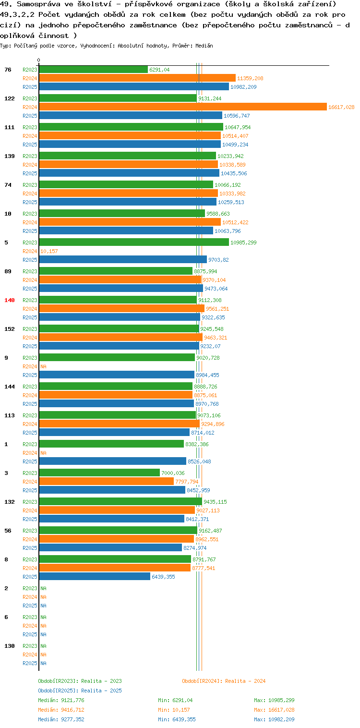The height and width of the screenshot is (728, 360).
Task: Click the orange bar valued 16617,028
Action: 183,107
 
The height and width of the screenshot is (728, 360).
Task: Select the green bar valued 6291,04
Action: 94,70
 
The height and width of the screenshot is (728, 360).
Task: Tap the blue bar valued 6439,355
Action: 95,577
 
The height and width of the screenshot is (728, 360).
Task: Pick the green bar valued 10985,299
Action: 134,243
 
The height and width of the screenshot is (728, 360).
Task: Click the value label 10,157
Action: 49,251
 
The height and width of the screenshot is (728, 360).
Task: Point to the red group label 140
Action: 10,300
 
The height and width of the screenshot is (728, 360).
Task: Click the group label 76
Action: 8,70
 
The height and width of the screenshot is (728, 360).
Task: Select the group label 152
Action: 10,329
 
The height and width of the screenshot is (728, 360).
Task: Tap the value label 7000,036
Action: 173,473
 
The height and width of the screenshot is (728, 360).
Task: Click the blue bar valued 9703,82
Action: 123,260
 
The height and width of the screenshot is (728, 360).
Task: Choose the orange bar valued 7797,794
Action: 107,481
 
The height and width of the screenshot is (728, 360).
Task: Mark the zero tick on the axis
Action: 39,60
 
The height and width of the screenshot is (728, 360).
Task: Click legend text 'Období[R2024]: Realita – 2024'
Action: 224,681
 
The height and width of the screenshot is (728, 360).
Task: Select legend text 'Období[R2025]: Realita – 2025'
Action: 80,691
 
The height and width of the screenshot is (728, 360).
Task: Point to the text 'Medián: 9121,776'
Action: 61,700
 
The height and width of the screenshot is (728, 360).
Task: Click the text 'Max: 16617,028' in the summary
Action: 274,710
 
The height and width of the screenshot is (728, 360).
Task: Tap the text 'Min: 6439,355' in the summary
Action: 177,719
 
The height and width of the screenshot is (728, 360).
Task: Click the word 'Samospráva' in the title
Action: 39,4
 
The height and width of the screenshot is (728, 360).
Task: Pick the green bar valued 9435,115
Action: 120,501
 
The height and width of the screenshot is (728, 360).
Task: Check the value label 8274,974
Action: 195,548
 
